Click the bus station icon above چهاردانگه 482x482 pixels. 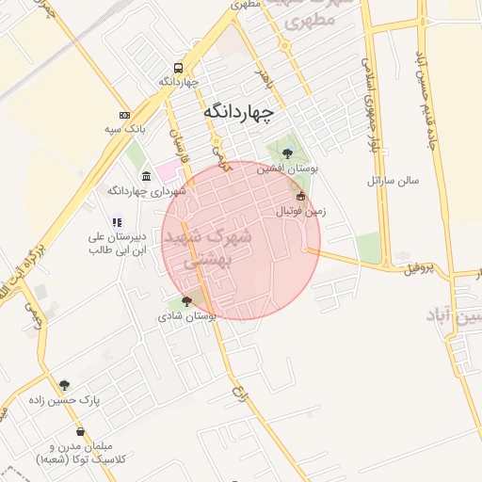pyautogui.click(x=179, y=69)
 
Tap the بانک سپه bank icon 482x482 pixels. pyautogui.click(x=124, y=115)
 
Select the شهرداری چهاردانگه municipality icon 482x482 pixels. pyautogui.click(x=146, y=176)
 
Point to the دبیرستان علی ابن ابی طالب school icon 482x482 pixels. pyautogui.click(x=117, y=223)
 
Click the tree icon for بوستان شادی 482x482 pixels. pyautogui.click(x=185, y=302)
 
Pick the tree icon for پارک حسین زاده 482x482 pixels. pyautogui.click(x=64, y=385)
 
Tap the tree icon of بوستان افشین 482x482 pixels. pyautogui.click(x=287, y=153)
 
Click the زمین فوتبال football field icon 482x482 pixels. pyautogui.click(x=300, y=196)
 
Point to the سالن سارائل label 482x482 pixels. pyautogui.click(x=394, y=179)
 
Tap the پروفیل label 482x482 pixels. pyautogui.click(x=421, y=269)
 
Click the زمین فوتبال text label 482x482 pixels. pyautogui.click(x=300, y=211)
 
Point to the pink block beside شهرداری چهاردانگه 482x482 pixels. pyautogui.click(x=167, y=171)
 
